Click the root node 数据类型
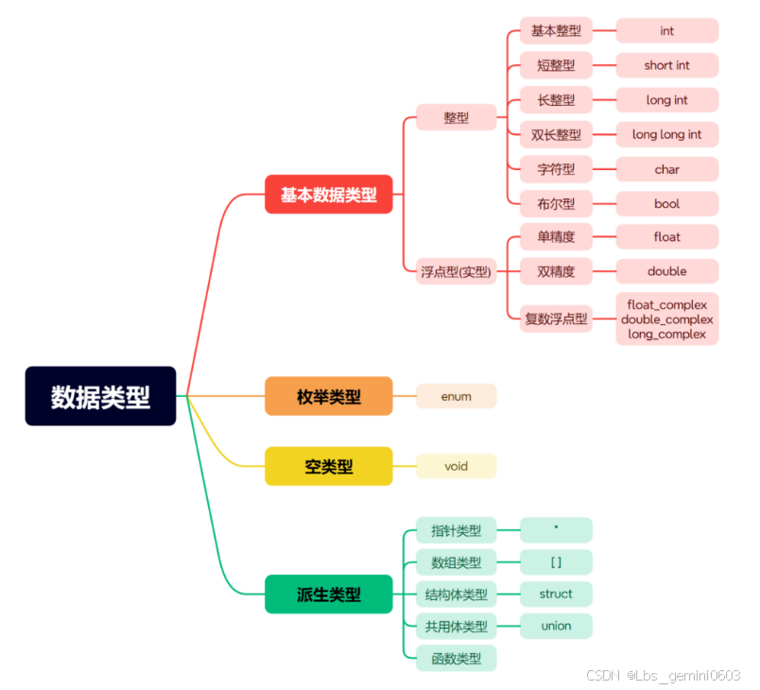(x=100, y=396)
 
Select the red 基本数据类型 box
(x=329, y=195)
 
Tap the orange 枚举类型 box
(x=329, y=397)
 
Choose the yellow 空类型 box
(x=329, y=466)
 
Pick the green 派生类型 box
(x=329, y=595)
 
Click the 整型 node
(x=457, y=117)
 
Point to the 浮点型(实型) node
(x=457, y=271)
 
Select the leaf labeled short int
(x=666, y=65)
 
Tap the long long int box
(x=666, y=134)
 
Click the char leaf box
(x=666, y=169)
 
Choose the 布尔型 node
(x=556, y=203)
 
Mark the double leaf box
(x=666, y=271)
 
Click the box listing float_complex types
(x=666, y=319)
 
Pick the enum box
(x=456, y=397)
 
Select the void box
(x=456, y=466)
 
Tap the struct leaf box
(x=556, y=594)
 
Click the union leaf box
(x=556, y=626)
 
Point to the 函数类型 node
(x=457, y=658)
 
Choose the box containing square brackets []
(x=556, y=562)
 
